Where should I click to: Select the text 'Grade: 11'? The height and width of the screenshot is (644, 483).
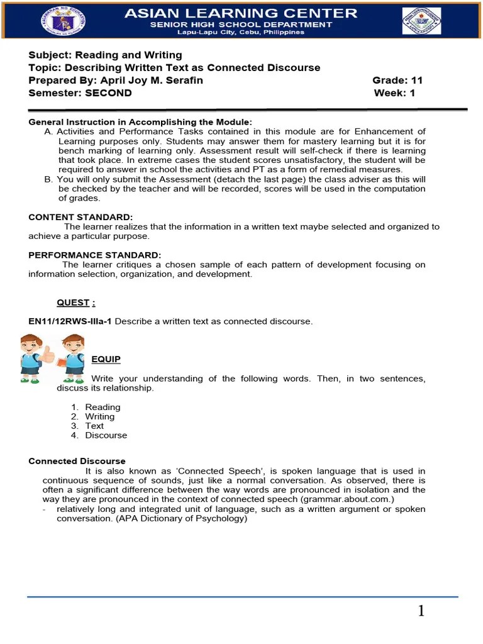pyautogui.click(x=397, y=80)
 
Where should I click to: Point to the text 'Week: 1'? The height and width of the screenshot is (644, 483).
pyautogui.click(x=394, y=93)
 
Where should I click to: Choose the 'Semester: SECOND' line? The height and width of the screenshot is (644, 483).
pyautogui.click(x=80, y=93)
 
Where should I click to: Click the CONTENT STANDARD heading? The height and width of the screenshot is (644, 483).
pyautogui.click(x=80, y=217)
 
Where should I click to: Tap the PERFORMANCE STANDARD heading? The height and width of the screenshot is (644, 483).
pyautogui.click(x=95, y=255)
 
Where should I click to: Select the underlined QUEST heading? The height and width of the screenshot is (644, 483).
pyautogui.click(x=75, y=303)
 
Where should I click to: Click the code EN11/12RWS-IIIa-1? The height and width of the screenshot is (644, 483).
pyautogui.click(x=70, y=321)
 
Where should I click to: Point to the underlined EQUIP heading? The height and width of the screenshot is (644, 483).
pyautogui.click(x=106, y=359)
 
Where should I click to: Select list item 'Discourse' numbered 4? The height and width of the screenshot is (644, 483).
pyautogui.click(x=106, y=435)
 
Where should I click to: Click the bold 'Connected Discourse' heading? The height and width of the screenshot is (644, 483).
pyautogui.click(x=77, y=461)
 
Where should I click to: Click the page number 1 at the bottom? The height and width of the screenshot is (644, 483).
pyautogui.click(x=421, y=611)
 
